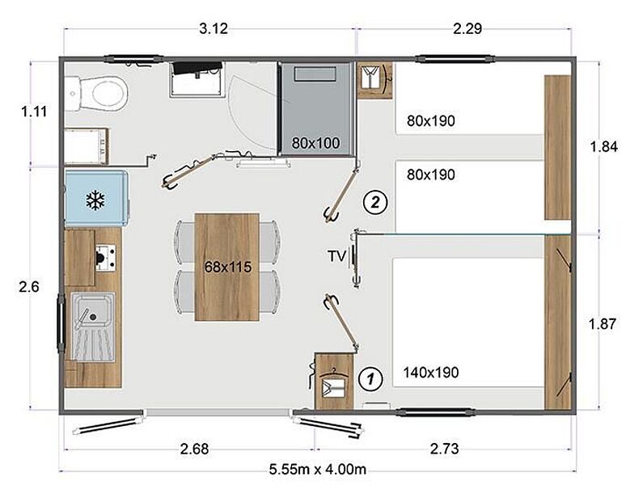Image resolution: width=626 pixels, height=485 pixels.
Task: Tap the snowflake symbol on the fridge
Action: pos(95,200)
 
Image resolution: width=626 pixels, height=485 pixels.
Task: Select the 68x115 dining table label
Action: pos(228,267)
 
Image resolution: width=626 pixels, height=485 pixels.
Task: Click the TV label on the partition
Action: pos(337,256)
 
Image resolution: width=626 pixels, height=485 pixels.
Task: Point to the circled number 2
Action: pos(375,203)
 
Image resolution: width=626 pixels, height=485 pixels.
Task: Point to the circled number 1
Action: pos(370,378)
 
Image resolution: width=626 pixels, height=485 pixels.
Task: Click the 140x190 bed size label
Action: pos(431,373)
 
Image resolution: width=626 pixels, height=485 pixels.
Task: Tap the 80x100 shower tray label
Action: pos(315,143)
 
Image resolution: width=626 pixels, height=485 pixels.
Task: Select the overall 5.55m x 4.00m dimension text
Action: pos(318,469)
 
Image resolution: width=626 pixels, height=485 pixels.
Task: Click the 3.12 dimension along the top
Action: pos(214,29)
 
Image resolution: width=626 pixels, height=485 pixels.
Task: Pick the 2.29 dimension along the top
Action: pos(467,29)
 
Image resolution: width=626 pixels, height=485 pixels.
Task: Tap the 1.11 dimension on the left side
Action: pos(34,112)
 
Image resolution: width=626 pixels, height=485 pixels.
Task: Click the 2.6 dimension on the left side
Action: pos(29,286)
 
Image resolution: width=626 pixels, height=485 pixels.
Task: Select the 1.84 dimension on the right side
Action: pos(604,146)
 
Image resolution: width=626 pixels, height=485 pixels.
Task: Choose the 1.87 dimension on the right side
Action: pos(603,323)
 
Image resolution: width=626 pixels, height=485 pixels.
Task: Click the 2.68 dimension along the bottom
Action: pos(194,449)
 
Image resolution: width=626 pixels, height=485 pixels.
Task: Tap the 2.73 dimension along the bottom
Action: pos(444,449)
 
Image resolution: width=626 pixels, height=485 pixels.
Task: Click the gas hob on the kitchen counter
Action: pos(105,258)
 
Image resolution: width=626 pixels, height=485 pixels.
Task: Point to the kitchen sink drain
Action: pos(93,317)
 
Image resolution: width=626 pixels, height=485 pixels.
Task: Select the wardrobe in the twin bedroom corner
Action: pos(375,80)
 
